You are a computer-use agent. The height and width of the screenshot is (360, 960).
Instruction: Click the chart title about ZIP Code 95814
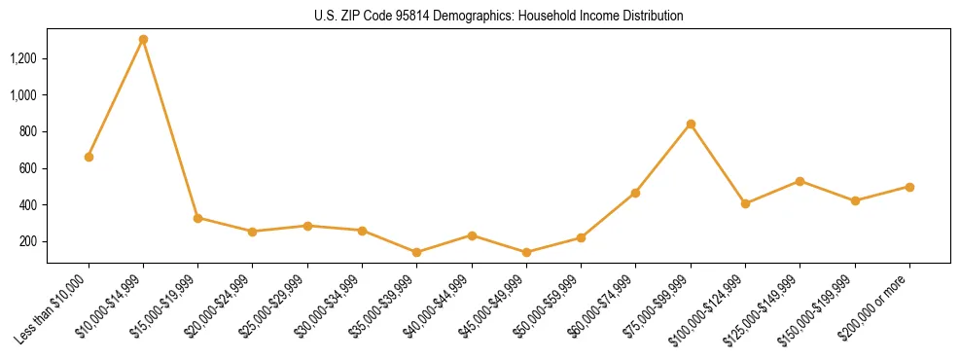point(498,17)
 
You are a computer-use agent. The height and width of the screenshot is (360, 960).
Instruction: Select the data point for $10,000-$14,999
point(143,40)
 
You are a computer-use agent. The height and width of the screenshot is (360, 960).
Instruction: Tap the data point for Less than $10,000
point(89,157)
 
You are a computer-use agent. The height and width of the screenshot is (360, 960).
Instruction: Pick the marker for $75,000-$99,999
point(691,124)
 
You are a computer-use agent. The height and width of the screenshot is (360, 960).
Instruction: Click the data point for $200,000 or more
point(909,187)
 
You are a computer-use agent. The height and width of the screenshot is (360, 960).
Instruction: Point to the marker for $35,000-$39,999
point(417,252)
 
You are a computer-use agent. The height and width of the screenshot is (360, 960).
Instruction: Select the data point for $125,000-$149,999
point(800,181)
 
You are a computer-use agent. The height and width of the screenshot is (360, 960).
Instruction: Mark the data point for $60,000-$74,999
point(635,193)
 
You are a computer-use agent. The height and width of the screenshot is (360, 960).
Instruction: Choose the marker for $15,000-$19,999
point(198,218)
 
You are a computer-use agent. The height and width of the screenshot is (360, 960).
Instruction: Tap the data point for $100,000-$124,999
point(745,203)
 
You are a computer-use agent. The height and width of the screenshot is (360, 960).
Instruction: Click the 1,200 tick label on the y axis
point(23,58)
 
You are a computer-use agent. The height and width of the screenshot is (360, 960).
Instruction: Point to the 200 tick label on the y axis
point(28,241)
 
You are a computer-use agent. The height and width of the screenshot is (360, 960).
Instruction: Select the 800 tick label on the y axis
point(28,131)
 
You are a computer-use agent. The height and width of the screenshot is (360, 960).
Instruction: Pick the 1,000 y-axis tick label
point(23,95)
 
